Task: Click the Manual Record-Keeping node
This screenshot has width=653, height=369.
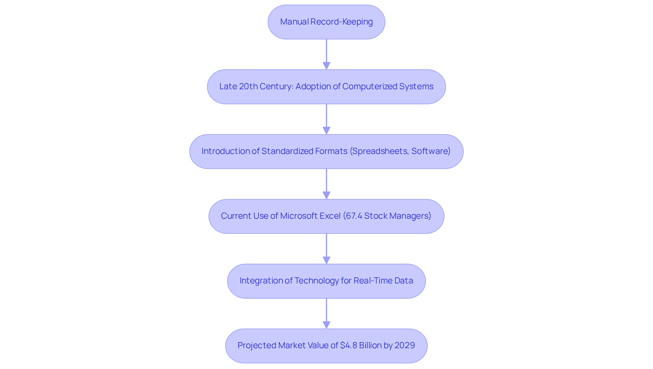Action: pyautogui.click(x=326, y=22)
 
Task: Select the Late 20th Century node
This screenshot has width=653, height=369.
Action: pyautogui.click(x=326, y=87)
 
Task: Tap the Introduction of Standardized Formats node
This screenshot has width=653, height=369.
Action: pyautogui.click(x=326, y=151)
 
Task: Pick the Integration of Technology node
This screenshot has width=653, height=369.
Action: pyautogui.click(x=326, y=281)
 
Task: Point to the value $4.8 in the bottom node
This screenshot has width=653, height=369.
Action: pyautogui.click(x=349, y=345)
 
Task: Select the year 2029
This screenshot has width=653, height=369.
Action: pyautogui.click(x=405, y=345)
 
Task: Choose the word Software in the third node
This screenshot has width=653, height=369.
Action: pyautogui.click(x=430, y=151)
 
